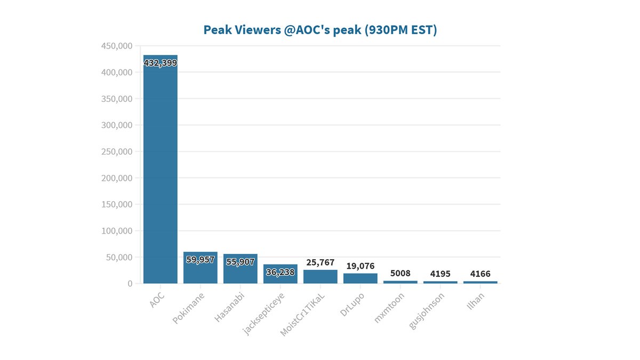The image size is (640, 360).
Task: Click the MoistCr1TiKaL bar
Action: pos(320,277)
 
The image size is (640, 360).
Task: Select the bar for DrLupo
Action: pos(360,278)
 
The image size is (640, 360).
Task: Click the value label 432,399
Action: pos(160,63)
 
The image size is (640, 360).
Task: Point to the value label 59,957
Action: pos(200,260)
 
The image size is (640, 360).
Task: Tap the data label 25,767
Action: pos(320,262)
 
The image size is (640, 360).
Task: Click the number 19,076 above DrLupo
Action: pos(360,266)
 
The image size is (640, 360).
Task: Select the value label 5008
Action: pos(400,273)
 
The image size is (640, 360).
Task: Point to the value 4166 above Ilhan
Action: pos(480,274)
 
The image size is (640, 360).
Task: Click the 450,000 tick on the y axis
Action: pos(116,46)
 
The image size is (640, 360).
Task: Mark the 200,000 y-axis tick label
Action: pos(116,178)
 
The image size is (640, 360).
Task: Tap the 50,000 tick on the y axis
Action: pos(118,257)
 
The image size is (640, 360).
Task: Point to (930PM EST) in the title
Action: pos(402,30)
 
